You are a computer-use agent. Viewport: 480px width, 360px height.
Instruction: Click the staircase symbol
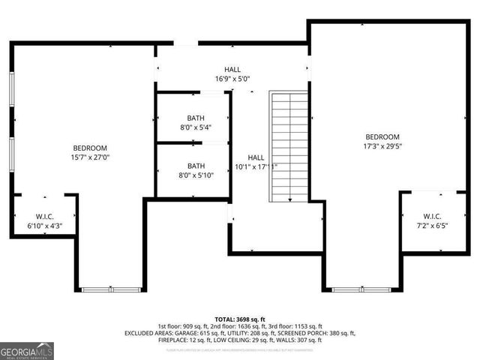[289, 146]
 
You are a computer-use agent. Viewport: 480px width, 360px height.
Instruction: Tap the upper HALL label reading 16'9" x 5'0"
[232, 73]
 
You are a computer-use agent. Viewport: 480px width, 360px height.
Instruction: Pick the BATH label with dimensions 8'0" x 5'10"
[195, 170]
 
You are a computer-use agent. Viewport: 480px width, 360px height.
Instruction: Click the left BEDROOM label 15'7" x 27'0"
[90, 153]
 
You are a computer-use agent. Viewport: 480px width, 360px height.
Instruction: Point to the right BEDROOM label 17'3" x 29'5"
[382, 142]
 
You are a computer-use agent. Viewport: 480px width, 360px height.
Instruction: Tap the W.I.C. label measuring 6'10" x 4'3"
[44, 220]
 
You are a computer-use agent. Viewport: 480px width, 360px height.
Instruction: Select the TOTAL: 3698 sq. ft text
[240, 319]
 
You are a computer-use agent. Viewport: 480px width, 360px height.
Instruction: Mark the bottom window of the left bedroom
[109, 289]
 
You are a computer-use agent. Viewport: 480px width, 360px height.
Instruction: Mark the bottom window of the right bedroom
[360, 289]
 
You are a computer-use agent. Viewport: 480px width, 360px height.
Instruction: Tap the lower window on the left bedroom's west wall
[12, 159]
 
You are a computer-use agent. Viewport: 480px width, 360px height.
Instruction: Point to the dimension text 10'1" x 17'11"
[256, 166]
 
